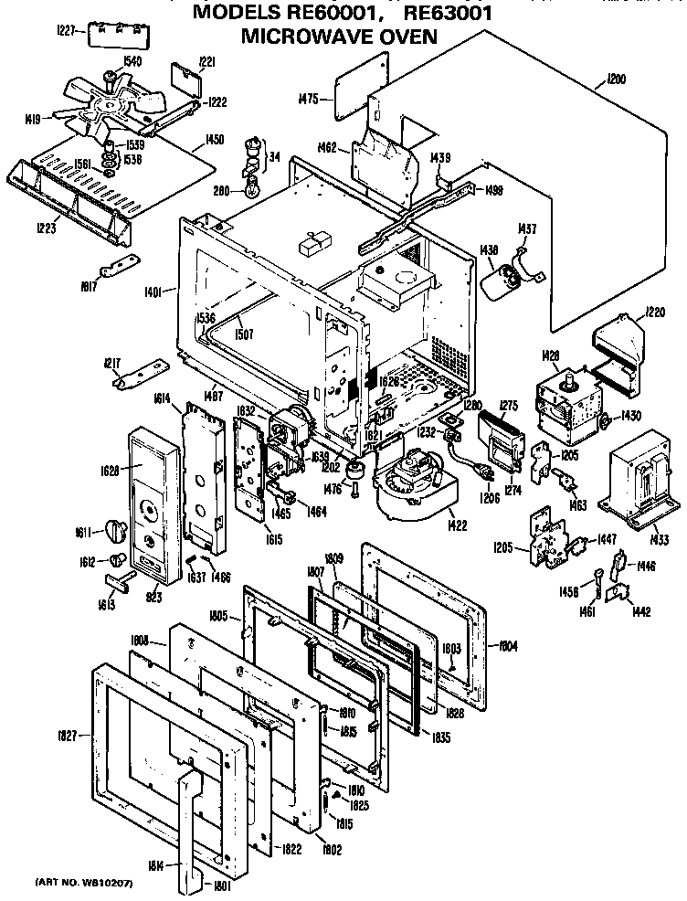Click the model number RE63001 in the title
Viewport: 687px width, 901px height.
pos(438,13)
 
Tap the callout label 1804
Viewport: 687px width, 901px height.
pos(509,646)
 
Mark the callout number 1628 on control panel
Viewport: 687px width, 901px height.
pos(110,471)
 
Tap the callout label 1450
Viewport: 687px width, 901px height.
pos(216,140)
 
